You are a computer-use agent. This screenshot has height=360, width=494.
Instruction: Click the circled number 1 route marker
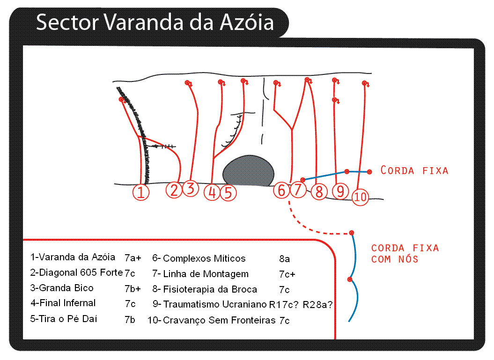pyautogui.click(x=141, y=192)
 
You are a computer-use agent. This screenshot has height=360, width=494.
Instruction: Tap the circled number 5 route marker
pyautogui.click(x=228, y=192)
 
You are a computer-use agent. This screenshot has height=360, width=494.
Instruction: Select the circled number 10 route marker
pyautogui.click(x=360, y=197)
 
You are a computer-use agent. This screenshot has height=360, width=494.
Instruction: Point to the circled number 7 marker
pyautogui.click(x=298, y=190)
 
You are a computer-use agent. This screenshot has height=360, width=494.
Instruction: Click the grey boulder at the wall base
pyautogui.click(x=248, y=171)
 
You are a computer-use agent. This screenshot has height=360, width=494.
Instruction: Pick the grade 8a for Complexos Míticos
pyautogui.click(x=285, y=259)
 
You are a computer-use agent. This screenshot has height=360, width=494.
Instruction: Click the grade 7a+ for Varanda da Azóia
pyautogui.click(x=133, y=258)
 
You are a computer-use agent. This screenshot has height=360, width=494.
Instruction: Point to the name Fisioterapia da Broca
pyautogui.click(x=210, y=289)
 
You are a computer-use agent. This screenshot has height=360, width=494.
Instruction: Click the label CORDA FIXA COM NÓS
pyautogui.click(x=405, y=253)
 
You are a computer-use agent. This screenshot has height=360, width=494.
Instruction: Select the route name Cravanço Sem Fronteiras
pyautogui.click(x=219, y=321)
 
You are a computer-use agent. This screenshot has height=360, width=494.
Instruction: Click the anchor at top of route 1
pyautogui.click(x=121, y=100)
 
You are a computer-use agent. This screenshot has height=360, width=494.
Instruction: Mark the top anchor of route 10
pyautogui.click(x=364, y=83)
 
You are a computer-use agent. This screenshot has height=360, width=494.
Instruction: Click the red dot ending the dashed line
pyautogui.click(x=352, y=233)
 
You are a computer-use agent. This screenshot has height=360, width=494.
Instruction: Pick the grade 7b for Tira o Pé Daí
pyautogui.click(x=130, y=319)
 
